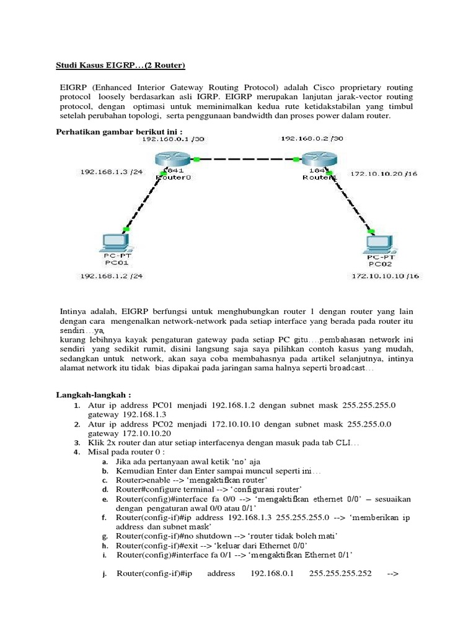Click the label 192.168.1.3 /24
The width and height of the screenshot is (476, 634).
108,171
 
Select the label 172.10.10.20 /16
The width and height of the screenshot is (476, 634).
383,174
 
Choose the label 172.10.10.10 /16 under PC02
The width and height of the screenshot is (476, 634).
384,276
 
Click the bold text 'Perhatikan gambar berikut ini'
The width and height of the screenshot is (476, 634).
111,131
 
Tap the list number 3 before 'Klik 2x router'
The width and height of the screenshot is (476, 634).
76,444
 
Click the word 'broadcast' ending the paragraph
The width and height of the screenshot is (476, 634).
346,368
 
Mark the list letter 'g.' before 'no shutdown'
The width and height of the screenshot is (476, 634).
106,534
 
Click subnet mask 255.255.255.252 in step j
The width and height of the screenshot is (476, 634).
342,573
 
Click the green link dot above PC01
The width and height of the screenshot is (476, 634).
126,230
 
